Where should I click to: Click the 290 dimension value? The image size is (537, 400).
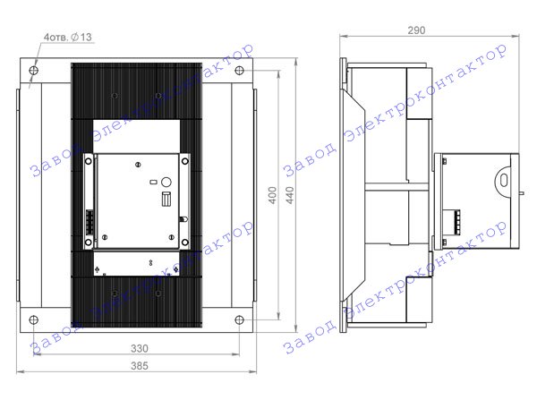click(x=416, y=30)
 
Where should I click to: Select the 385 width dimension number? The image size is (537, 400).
click(x=140, y=366)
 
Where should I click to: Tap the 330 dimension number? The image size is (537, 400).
click(x=140, y=348)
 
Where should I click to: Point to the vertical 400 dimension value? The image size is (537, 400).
click(x=272, y=195)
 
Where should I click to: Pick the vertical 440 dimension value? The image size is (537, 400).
click(x=290, y=195)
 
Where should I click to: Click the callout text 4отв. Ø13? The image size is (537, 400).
click(x=68, y=37)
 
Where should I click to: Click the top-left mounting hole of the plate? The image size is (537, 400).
click(x=34, y=71)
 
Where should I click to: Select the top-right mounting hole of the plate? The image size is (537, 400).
click(x=239, y=71)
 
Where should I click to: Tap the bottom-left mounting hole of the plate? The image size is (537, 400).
click(x=34, y=320)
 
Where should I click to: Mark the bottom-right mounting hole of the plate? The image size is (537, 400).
click(x=239, y=320)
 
